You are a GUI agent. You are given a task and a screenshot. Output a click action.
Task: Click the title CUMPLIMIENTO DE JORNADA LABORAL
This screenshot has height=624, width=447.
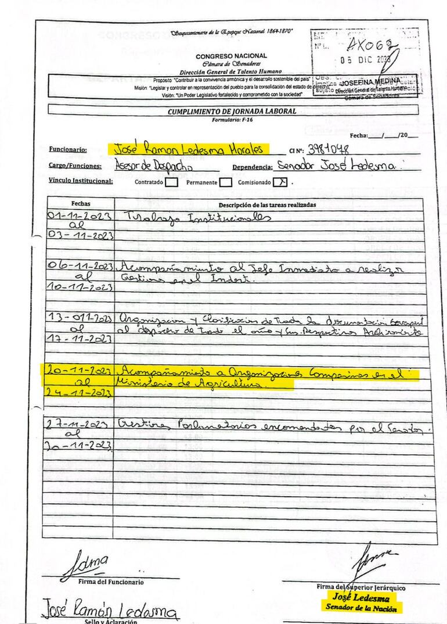pos(232,111)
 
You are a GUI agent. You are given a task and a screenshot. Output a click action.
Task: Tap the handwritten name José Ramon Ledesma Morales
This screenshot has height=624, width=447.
pos(189,149)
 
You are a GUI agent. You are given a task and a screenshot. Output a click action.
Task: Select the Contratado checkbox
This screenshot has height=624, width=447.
pos(171,182)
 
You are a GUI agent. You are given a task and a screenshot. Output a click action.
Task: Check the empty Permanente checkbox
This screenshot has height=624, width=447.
pos(226,182)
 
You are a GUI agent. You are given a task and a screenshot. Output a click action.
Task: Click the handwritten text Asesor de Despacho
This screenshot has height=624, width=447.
pos(147,166)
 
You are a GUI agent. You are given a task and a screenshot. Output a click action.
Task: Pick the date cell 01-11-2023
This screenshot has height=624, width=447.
pos(80,216)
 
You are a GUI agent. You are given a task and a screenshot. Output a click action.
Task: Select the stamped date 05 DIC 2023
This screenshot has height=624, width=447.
pos(366,59)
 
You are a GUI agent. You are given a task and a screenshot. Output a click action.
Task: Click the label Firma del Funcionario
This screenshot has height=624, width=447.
pos(111,582)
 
